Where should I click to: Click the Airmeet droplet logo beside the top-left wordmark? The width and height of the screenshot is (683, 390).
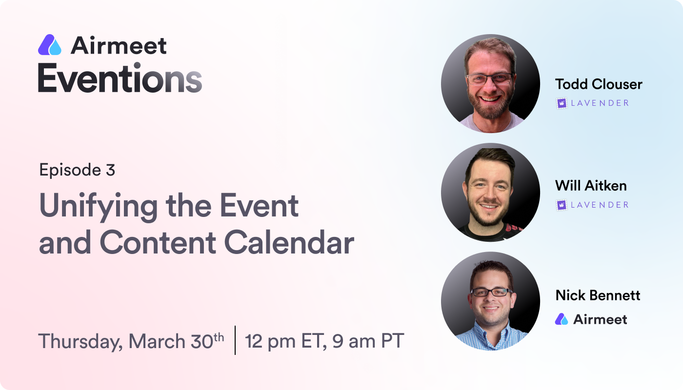pyautogui.click(x=50, y=45)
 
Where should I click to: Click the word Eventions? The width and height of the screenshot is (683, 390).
pyautogui.click(x=120, y=78)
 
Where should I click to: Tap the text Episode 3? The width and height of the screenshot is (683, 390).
pyautogui.click(x=77, y=170)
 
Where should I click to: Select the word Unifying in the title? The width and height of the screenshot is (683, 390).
pyautogui.click(x=98, y=207)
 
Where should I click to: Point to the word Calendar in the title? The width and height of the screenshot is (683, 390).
pyautogui.click(x=289, y=243)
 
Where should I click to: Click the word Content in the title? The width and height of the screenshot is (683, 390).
pyautogui.click(x=158, y=243)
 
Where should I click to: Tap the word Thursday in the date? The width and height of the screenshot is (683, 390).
pyautogui.click(x=80, y=342)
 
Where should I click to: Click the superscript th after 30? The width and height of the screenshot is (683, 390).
pyautogui.click(x=219, y=337)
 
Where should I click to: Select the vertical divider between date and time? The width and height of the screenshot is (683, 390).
pyautogui.click(x=235, y=340)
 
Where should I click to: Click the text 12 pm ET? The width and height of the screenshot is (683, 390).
pyautogui.click(x=285, y=342)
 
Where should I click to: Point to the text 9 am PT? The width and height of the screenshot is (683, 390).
pyautogui.click(x=368, y=341)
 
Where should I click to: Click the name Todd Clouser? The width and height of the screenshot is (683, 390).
pyautogui.click(x=599, y=84)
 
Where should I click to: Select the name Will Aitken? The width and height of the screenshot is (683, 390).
pyautogui.click(x=591, y=186)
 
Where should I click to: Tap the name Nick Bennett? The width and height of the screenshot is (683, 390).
pyautogui.click(x=598, y=295)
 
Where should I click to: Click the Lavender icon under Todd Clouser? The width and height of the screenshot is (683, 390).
pyautogui.click(x=562, y=103)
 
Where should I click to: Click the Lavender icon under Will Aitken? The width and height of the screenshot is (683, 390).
pyautogui.click(x=562, y=205)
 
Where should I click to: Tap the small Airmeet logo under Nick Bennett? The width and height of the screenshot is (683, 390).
pyautogui.click(x=562, y=319)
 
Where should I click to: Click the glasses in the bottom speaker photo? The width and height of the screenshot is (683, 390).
pyautogui.click(x=491, y=292)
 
